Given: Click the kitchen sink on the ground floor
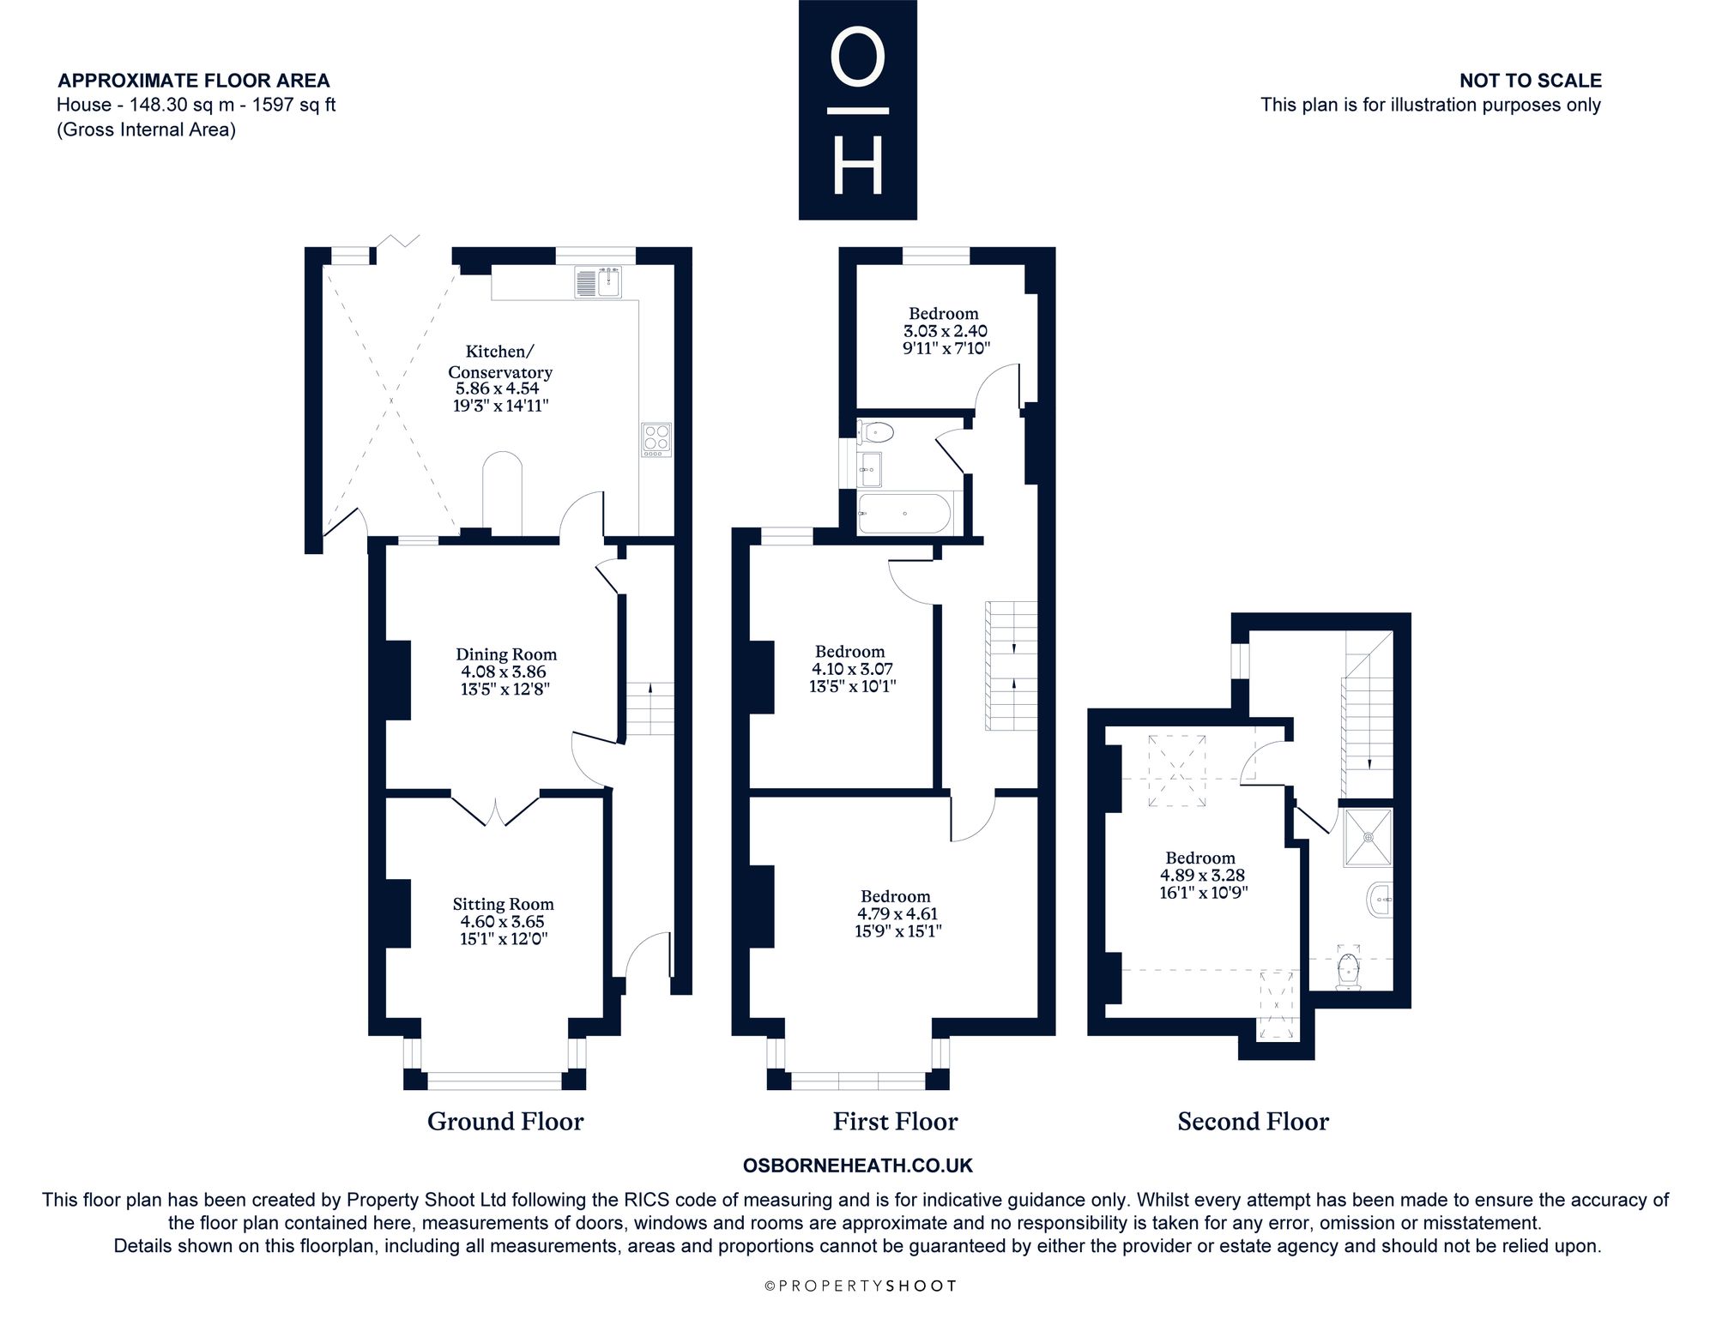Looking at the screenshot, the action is coord(599,283).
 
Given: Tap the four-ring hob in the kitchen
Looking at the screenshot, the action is coord(656,439).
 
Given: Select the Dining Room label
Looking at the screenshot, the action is coord(506,654).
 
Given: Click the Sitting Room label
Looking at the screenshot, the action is coord(504,904).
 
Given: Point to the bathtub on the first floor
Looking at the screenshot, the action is coord(905,513).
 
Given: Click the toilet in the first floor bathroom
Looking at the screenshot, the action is coord(876,431).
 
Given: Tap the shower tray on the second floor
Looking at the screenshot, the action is coord(1368,836).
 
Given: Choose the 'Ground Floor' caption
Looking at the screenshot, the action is coord(505,1122).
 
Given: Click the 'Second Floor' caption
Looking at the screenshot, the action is coord(1253,1122).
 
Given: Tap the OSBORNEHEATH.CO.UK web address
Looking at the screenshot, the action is coord(858,1165).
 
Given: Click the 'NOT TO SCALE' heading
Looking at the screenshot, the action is coord(1531,81).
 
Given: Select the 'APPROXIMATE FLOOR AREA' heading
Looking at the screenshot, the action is coord(194,81).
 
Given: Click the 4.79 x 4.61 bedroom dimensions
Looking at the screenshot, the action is coord(897,914).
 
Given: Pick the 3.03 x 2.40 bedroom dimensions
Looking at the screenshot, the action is coord(946,331).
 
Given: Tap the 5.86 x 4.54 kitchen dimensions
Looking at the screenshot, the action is coord(498,388).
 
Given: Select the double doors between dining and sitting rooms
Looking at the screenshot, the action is coord(495,811).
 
